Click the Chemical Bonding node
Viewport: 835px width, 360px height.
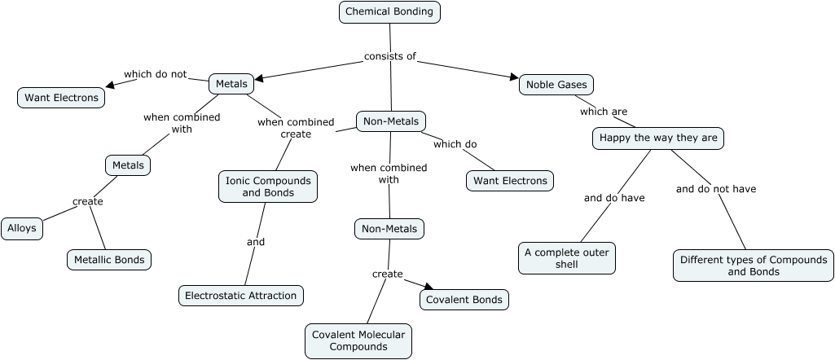click(389, 12)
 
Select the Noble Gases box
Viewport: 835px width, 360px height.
click(556, 85)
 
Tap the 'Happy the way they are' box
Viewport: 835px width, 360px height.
click(658, 138)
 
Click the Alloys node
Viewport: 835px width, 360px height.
click(22, 229)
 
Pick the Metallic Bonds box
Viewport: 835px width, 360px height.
click(109, 261)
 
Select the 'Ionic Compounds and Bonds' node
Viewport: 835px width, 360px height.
click(268, 187)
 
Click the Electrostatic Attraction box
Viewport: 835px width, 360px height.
click(240, 296)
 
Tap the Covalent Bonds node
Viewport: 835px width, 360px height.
click(464, 300)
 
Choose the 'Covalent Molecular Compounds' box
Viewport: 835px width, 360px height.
click(358, 341)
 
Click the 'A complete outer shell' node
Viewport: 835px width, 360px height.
click(567, 258)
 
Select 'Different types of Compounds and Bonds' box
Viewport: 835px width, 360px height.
click(754, 266)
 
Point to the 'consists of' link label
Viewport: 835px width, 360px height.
click(390, 56)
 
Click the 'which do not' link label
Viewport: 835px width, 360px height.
click(155, 74)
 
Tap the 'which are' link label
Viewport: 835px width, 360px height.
click(603, 112)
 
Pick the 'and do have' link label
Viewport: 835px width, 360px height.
click(614, 197)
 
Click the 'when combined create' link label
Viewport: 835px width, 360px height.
click(296, 128)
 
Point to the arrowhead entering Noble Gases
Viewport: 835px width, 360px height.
click(515, 78)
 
